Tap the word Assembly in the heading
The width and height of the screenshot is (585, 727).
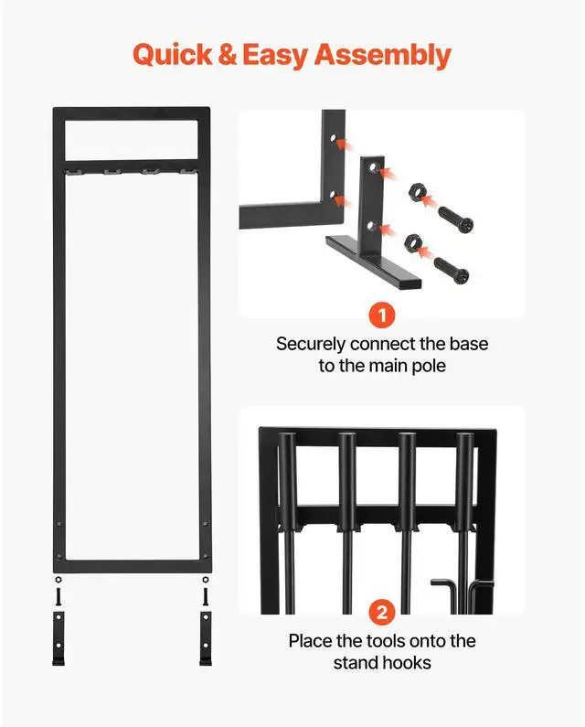(383, 55)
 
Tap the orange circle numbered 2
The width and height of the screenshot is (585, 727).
(382, 612)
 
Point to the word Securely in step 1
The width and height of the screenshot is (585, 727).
(312, 345)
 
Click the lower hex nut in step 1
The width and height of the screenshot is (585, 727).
(413, 242)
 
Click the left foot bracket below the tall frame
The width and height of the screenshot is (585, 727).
(59, 640)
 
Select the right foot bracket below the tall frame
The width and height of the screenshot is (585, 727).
(206, 640)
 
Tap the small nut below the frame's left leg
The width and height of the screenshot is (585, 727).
(59, 580)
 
